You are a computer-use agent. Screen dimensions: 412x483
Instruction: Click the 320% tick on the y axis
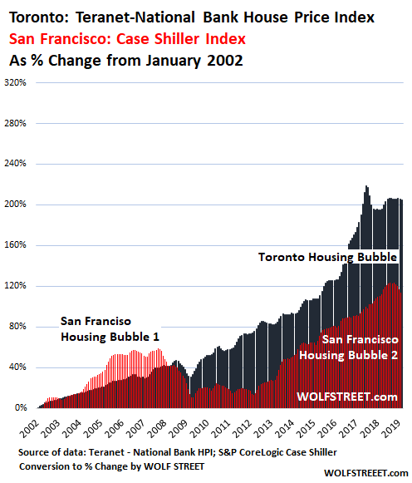[x=15, y=83]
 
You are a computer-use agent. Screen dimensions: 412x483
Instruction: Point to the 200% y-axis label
[x=15, y=205]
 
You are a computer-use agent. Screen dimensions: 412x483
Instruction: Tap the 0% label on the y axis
[x=21, y=408]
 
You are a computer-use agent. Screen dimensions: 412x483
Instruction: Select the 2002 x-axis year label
[x=30, y=429]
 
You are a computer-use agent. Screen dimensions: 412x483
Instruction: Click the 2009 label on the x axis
[x=179, y=429]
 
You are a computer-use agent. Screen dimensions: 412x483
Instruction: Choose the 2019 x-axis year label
[x=391, y=429]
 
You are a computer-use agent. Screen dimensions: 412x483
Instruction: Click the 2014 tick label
[x=285, y=429]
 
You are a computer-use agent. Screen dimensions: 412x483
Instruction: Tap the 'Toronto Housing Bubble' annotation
[x=328, y=257]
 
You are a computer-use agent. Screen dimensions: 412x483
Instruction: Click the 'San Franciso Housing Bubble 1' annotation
[x=110, y=329]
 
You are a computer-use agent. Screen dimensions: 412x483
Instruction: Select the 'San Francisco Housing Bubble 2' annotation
[x=349, y=347]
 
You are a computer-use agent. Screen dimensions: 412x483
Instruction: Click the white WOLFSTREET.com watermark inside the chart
[x=347, y=397]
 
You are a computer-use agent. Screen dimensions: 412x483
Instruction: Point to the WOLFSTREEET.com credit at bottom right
[x=365, y=473]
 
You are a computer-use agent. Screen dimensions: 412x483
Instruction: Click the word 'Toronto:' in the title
[x=39, y=17]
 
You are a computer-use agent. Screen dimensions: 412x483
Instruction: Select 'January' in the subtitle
[x=174, y=61]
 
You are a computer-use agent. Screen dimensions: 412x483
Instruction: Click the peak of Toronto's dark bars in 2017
[x=366, y=186]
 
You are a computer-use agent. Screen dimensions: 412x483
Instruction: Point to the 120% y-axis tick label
[x=15, y=285]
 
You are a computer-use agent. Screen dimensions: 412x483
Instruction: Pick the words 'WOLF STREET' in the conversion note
[x=174, y=466]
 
